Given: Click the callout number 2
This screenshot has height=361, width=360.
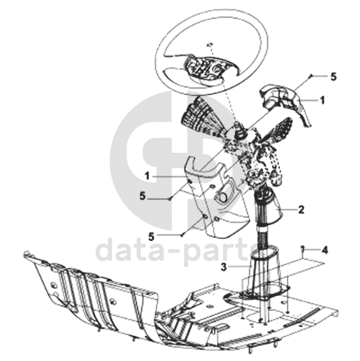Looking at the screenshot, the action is [301, 209].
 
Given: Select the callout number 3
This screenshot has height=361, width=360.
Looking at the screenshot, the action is [224, 267].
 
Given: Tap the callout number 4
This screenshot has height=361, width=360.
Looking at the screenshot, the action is [324, 250].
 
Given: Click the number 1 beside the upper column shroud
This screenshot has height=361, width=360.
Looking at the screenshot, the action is [322, 100].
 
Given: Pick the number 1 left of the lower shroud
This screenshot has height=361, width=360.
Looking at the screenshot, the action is [147, 177].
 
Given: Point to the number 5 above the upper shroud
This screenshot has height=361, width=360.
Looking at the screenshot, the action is [334, 76].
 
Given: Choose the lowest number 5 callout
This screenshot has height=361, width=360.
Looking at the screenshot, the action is [151, 237].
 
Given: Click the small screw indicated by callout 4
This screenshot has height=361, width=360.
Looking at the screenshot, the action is [303, 248].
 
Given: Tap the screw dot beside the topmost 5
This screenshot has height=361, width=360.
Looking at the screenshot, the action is [310, 76].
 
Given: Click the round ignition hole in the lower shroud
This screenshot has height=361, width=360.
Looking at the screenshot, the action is [223, 197].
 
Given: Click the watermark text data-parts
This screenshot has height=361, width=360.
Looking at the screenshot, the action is [174, 250].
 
